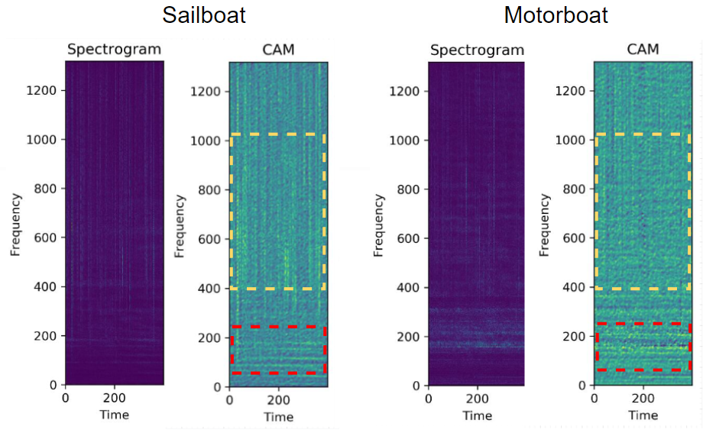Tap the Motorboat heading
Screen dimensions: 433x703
(556, 15)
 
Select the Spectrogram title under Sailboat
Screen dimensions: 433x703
(114, 50)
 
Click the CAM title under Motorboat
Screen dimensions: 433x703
(643, 50)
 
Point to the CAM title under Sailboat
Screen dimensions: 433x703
(278, 50)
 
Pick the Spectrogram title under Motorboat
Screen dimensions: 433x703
(477, 50)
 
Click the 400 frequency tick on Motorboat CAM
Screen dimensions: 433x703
(578, 288)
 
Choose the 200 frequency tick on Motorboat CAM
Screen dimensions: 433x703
(578, 337)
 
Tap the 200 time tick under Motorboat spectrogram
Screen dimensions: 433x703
(478, 398)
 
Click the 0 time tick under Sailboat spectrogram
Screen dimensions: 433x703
(66, 397)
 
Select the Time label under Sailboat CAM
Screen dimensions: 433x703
(278, 417)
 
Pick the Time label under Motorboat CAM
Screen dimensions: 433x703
(643, 415)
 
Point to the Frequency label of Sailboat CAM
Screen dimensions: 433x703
(180, 225)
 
